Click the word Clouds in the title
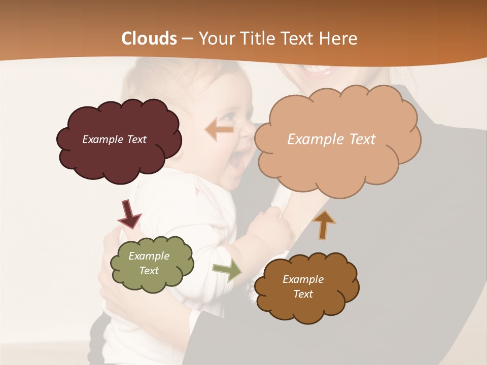click(149, 39)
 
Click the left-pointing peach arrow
click(219, 130)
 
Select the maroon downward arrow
click(129, 213)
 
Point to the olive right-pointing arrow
click(226, 271)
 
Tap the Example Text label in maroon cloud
click(114, 139)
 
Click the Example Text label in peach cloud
click(331, 139)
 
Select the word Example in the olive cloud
click(149, 256)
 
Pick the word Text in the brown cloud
click(303, 294)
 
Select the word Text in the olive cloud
click(149, 271)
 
